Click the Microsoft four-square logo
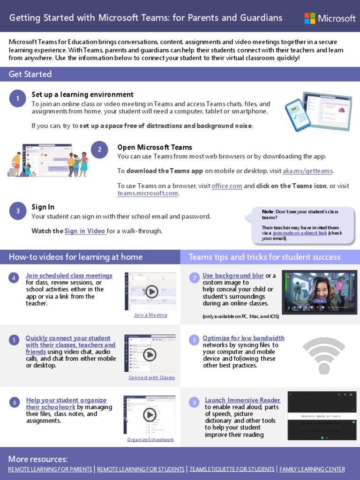point(310,18)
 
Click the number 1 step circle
point(17,98)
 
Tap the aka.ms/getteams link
point(307,171)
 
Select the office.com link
point(226,186)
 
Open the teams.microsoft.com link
point(148,193)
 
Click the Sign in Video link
point(85,231)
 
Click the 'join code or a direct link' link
point(300,233)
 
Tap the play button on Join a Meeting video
point(151,292)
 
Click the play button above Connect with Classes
point(150,354)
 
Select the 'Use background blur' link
point(233,276)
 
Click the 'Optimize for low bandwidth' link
point(243,338)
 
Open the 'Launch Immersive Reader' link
point(242,400)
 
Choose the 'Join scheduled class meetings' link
point(69,276)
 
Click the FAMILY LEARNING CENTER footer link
point(312,469)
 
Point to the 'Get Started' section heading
point(30,74)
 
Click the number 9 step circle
point(194,402)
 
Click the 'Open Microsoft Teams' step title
point(155,147)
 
